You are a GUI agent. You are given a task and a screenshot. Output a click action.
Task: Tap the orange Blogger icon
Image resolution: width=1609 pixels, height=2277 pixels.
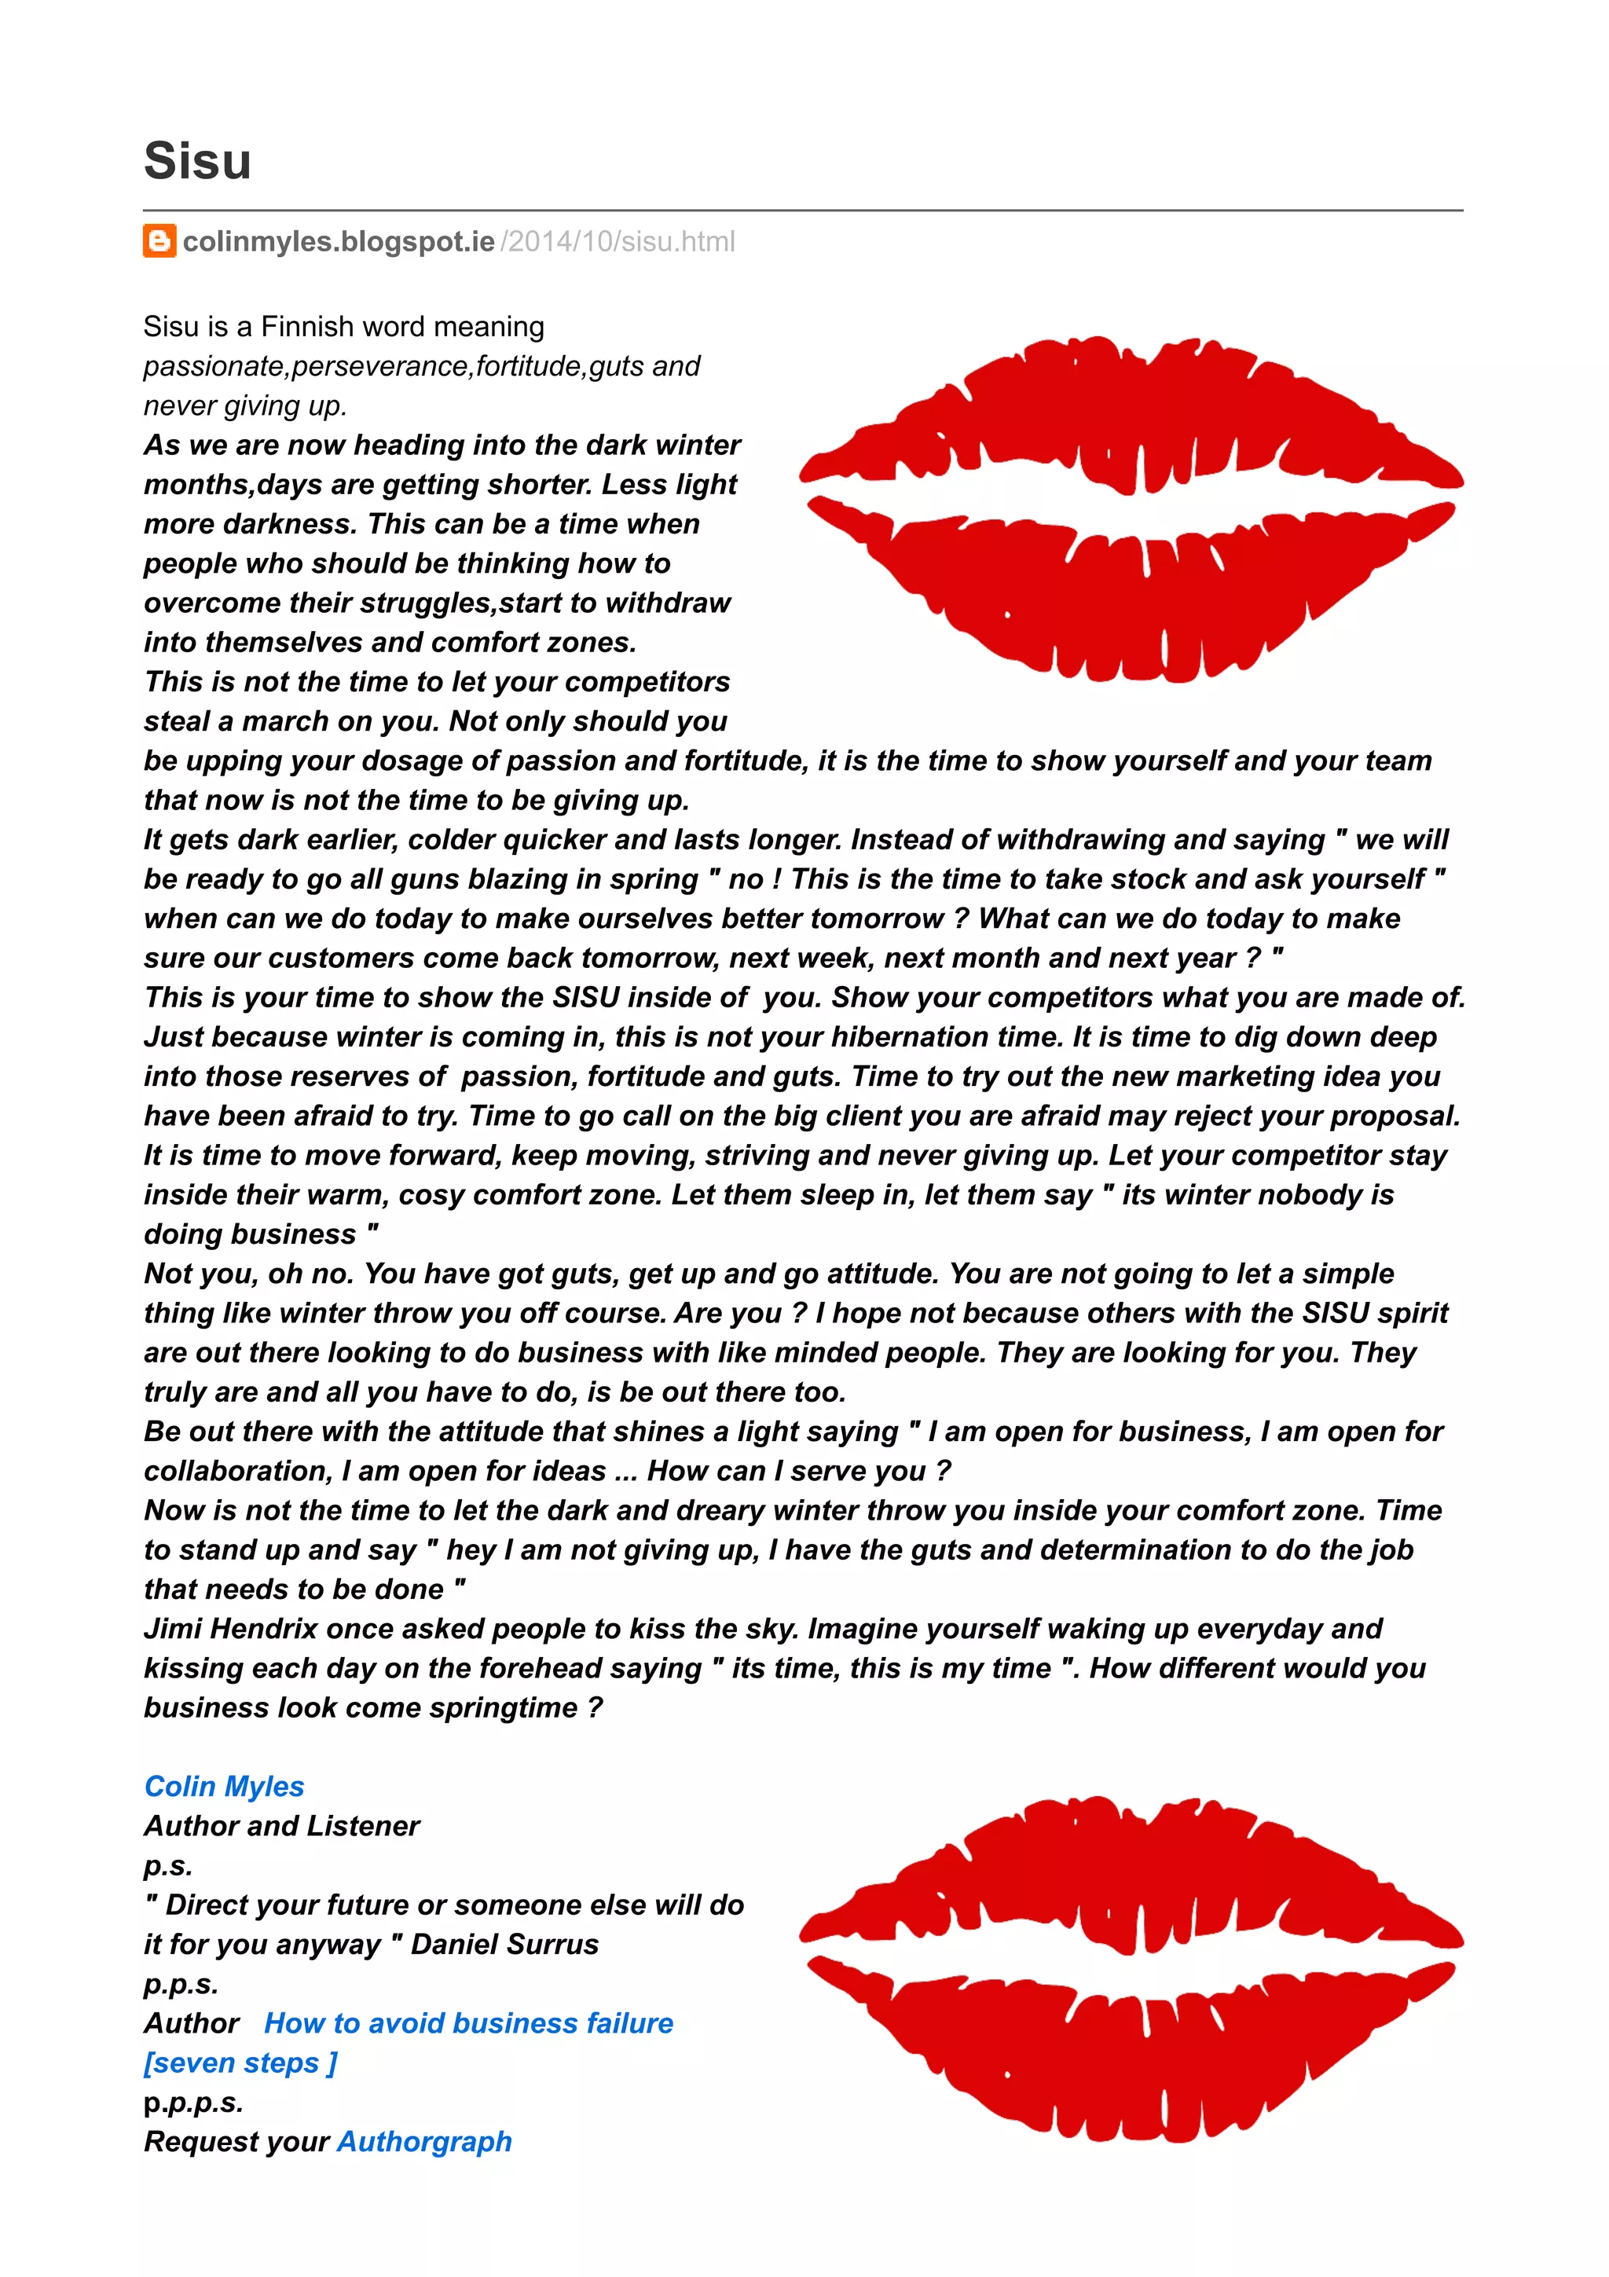(x=159, y=241)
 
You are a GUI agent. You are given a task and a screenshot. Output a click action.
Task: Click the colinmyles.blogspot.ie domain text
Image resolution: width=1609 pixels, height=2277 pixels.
(x=338, y=241)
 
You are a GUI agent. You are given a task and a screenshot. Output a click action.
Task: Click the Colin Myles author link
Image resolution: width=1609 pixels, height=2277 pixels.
(x=224, y=1786)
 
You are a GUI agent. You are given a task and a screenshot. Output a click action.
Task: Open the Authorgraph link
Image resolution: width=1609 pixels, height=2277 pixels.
(x=424, y=2141)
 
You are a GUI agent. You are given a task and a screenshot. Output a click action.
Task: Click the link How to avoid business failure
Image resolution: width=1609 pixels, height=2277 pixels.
(x=468, y=2023)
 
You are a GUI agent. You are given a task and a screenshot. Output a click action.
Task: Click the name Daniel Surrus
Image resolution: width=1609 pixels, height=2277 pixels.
(x=504, y=1944)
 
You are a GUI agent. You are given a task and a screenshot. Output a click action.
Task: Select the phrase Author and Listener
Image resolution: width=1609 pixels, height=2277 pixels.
(x=281, y=1826)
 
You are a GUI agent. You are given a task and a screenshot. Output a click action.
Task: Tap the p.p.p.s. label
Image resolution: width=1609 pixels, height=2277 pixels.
(x=193, y=2103)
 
